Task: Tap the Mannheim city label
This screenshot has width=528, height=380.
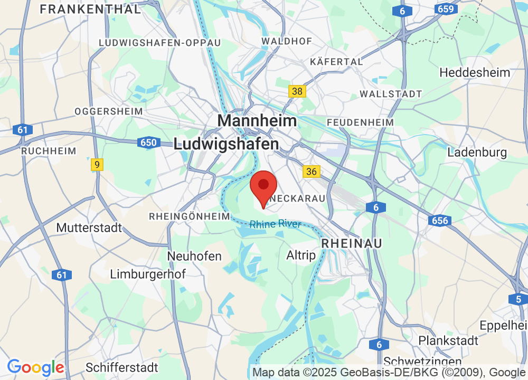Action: [x=257, y=120]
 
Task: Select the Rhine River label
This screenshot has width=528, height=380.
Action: [x=275, y=224]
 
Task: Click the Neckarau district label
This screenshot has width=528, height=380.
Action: [x=297, y=199]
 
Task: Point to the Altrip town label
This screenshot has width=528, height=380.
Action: [x=301, y=255]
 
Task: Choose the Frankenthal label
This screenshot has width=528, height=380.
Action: [x=90, y=9]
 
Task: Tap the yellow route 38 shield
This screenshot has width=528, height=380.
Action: [x=297, y=91]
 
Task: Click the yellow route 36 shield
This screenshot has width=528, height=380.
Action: [x=312, y=171]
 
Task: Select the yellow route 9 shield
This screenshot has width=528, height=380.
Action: [x=97, y=165]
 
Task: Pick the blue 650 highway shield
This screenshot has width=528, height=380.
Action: [x=148, y=142]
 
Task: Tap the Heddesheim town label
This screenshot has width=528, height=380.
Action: [x=475, y=72]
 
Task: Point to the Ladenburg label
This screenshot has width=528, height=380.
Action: [x=477, y=153]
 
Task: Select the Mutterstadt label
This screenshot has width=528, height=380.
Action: [x=89, y=228]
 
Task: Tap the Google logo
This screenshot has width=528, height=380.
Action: [x=35, y=367]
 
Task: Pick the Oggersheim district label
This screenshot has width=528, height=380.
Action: [x=109, y=111]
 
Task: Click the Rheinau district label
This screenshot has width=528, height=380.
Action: [x=352, y=243]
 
